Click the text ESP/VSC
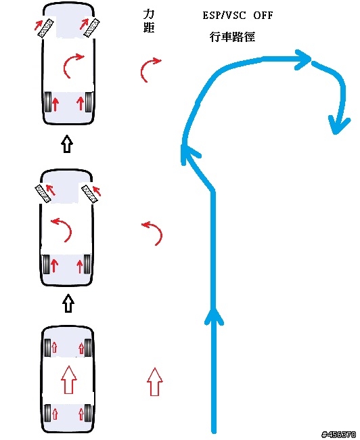coord(224,15)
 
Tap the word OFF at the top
coord(263,15)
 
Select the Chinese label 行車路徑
coord(232,37)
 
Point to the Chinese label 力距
coord(149,21)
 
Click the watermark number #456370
coord(339,435)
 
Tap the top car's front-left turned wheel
coord(46,28)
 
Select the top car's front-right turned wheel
coord(92,28)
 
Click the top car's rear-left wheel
coord(48,102)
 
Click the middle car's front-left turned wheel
coord(43,194)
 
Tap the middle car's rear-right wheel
coord(87,264)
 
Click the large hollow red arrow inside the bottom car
coord(69,379)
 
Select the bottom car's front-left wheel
coord(47,348)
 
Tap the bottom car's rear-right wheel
coord(88,413)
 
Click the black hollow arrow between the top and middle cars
coord(67,144)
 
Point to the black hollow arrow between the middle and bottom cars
coord(68,303)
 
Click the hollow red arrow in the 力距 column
coord(154,382)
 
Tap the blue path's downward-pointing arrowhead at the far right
coord(339,125)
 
